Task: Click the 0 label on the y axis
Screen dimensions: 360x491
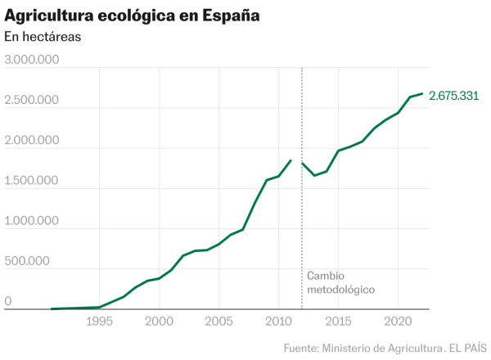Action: tap(8, 301)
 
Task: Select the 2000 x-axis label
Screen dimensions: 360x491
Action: tap(159, 322)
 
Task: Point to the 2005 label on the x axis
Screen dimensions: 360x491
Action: tap(218, 322)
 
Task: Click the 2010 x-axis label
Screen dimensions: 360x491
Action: tap(278, 322)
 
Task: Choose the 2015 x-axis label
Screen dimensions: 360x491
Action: tap(338, 322)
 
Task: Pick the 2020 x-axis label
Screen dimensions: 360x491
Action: tap(398, 322)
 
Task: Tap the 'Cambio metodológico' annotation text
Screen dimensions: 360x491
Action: tap(340, 283)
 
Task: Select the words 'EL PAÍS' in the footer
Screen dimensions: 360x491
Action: tap(466, 349)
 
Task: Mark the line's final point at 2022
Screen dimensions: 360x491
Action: tap(421, 93)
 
